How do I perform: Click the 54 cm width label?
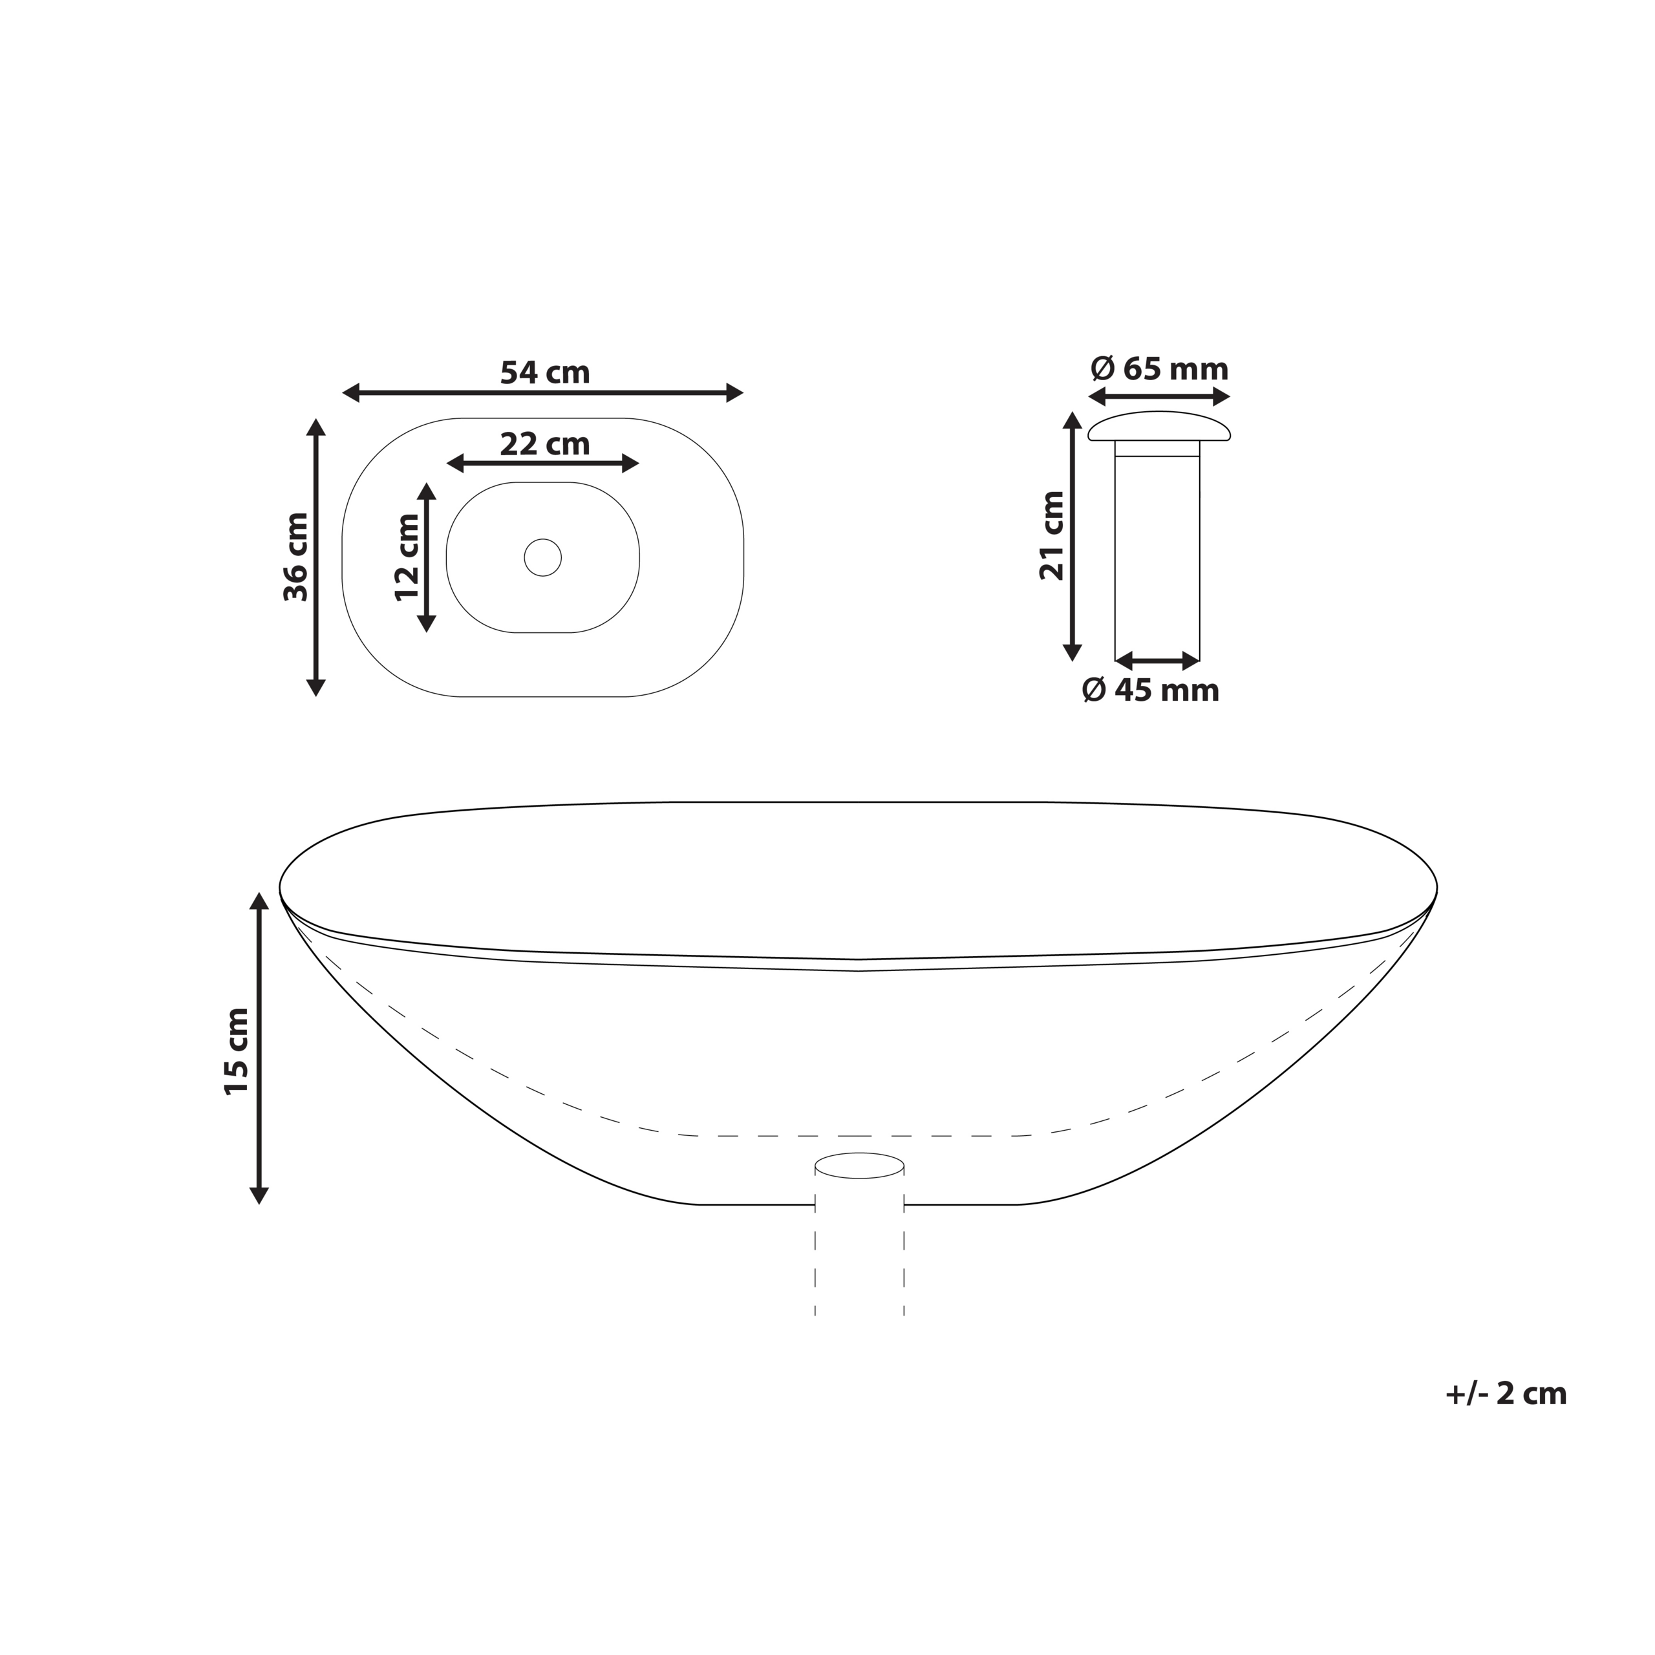click(x=545, y=372)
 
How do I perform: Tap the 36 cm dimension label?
click(x=296, y=557)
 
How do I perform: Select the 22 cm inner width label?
click(x=545, y=445)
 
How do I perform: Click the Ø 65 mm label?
click(x=1159, y=369)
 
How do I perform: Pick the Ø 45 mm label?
click(x=1151, y=690)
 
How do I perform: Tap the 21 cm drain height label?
click(x=1052, y=536)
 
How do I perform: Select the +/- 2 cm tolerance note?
click(x=1505, y=1394)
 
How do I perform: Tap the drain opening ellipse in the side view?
click(x=859, y=1165)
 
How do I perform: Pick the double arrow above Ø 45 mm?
click(x=1157, y=661)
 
